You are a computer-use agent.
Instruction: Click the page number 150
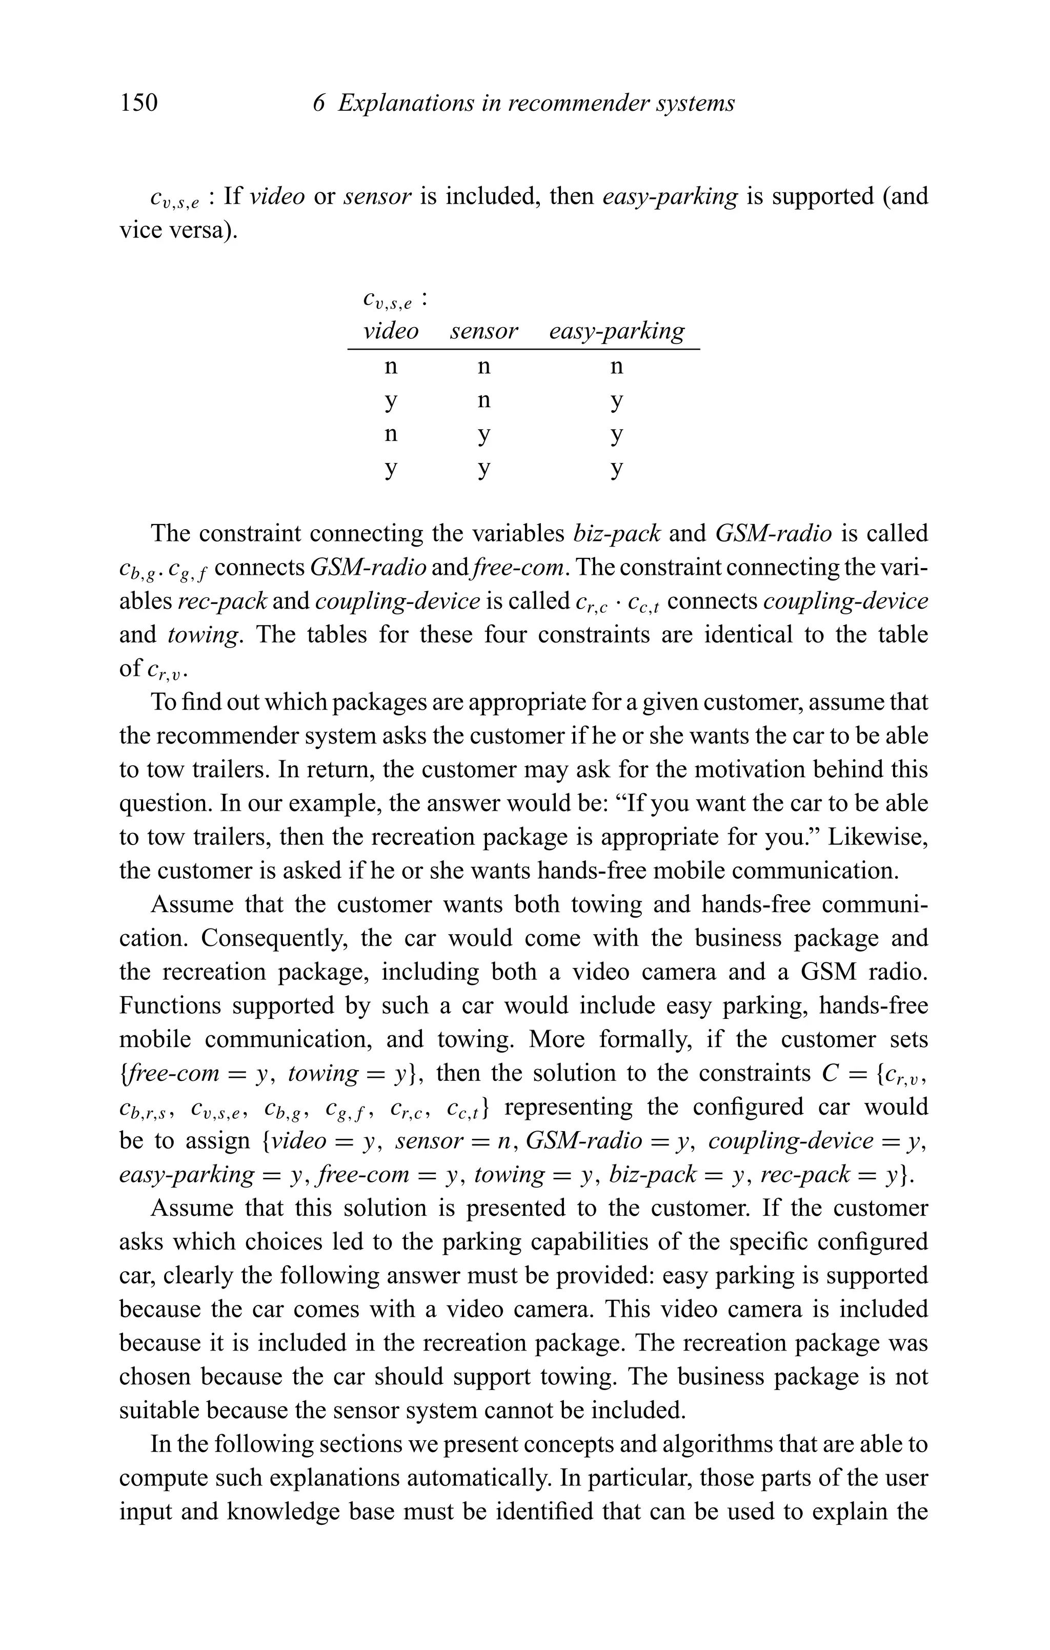(x=138, y=103)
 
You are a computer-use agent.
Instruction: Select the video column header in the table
(x=391, y=331)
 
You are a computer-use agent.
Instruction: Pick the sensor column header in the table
(x=484, y=331)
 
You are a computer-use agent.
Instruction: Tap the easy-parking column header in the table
(x=616, y=331)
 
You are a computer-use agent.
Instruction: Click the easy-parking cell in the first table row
(x=617, y=367)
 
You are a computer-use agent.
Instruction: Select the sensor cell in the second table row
(x=484, y=400)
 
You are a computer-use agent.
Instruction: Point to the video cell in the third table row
(x=391, y=434)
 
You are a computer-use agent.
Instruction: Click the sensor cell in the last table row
(x=484, y=469)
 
